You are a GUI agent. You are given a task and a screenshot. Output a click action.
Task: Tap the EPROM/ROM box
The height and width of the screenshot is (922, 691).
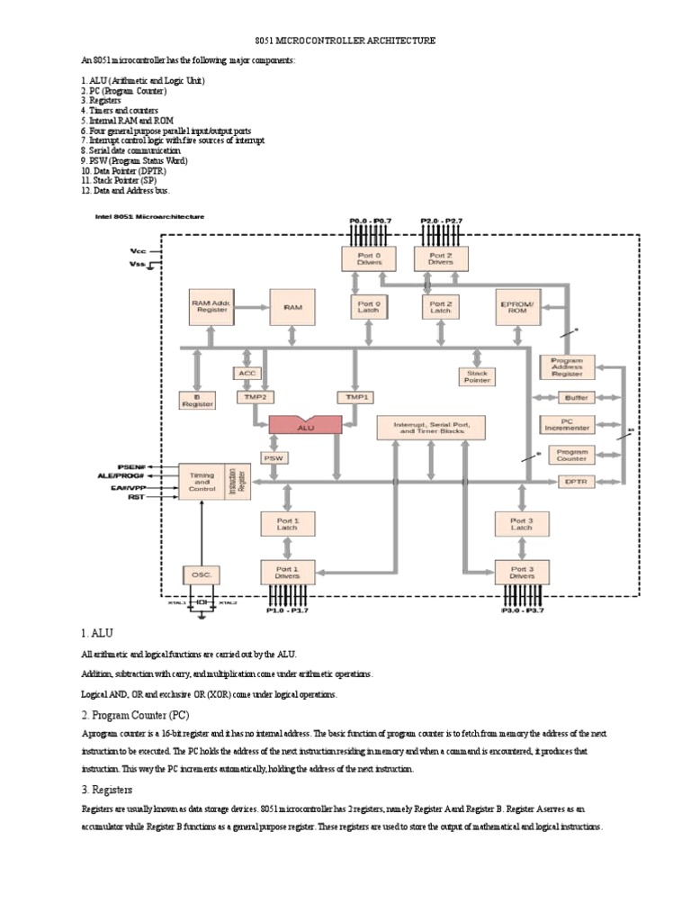tap(517, 307)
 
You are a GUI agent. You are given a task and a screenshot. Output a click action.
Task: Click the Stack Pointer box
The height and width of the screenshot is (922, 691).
tap(477, 376)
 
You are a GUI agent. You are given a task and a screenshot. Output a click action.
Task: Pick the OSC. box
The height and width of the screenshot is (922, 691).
tap(201, 574)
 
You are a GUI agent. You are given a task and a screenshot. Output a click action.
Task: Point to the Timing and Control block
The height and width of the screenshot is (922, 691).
tap(201, 482)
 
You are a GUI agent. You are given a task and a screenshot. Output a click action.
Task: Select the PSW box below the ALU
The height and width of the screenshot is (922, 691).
tap(273, 458)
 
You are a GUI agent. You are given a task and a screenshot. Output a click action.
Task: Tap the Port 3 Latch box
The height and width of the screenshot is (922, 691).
tap(522, 524)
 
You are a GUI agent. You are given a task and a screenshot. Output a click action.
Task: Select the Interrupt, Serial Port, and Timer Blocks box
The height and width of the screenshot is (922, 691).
tap(431, 427)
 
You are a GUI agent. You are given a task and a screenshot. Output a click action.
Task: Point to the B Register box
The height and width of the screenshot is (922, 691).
tap(198, 400)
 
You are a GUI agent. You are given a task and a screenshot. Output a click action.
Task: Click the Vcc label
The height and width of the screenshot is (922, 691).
tap(138, 251)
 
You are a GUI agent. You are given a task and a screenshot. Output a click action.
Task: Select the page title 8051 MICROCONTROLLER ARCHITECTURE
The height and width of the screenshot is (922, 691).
tap(345, 41)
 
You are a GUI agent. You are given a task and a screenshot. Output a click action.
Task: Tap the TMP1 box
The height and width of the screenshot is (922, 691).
tap(354, 396)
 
